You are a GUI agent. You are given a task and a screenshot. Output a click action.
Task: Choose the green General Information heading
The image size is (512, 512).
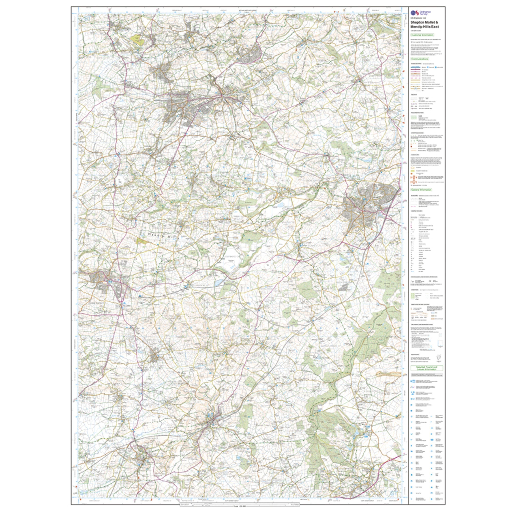(x=421, y=190)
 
